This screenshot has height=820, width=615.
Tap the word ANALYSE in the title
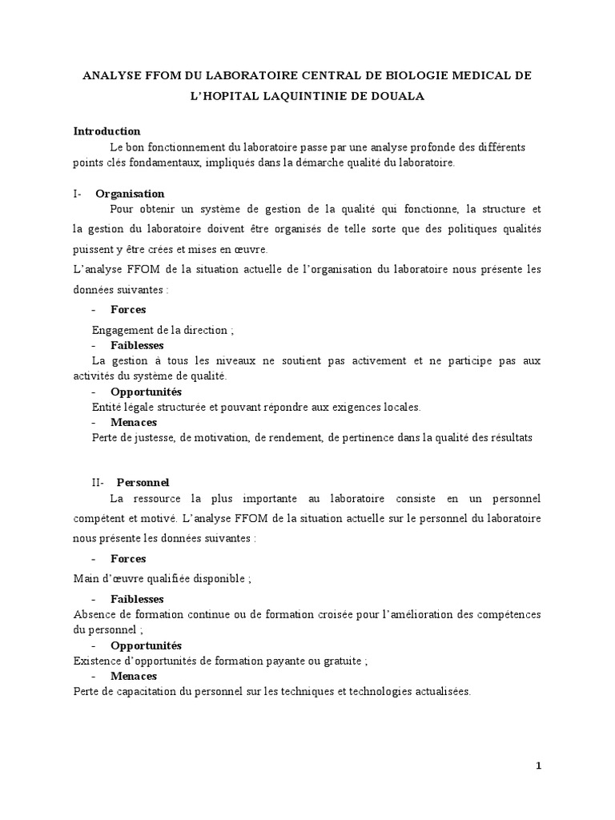click(111, 75)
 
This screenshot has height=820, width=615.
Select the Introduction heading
click(107, 131)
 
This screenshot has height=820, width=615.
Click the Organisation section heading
click(130, 193)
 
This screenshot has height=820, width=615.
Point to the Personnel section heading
click(143, 482)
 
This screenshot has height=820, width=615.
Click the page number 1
click(539, 766)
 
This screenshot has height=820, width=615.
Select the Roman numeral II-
click(101, 482)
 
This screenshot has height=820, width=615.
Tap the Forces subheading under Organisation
click(128, 309)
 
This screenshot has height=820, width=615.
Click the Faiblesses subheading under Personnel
click(137, 598)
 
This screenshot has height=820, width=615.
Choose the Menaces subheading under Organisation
click(134, 422)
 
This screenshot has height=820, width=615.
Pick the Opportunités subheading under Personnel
click(146, 645)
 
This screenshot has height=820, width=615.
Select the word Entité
click(108, 407)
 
